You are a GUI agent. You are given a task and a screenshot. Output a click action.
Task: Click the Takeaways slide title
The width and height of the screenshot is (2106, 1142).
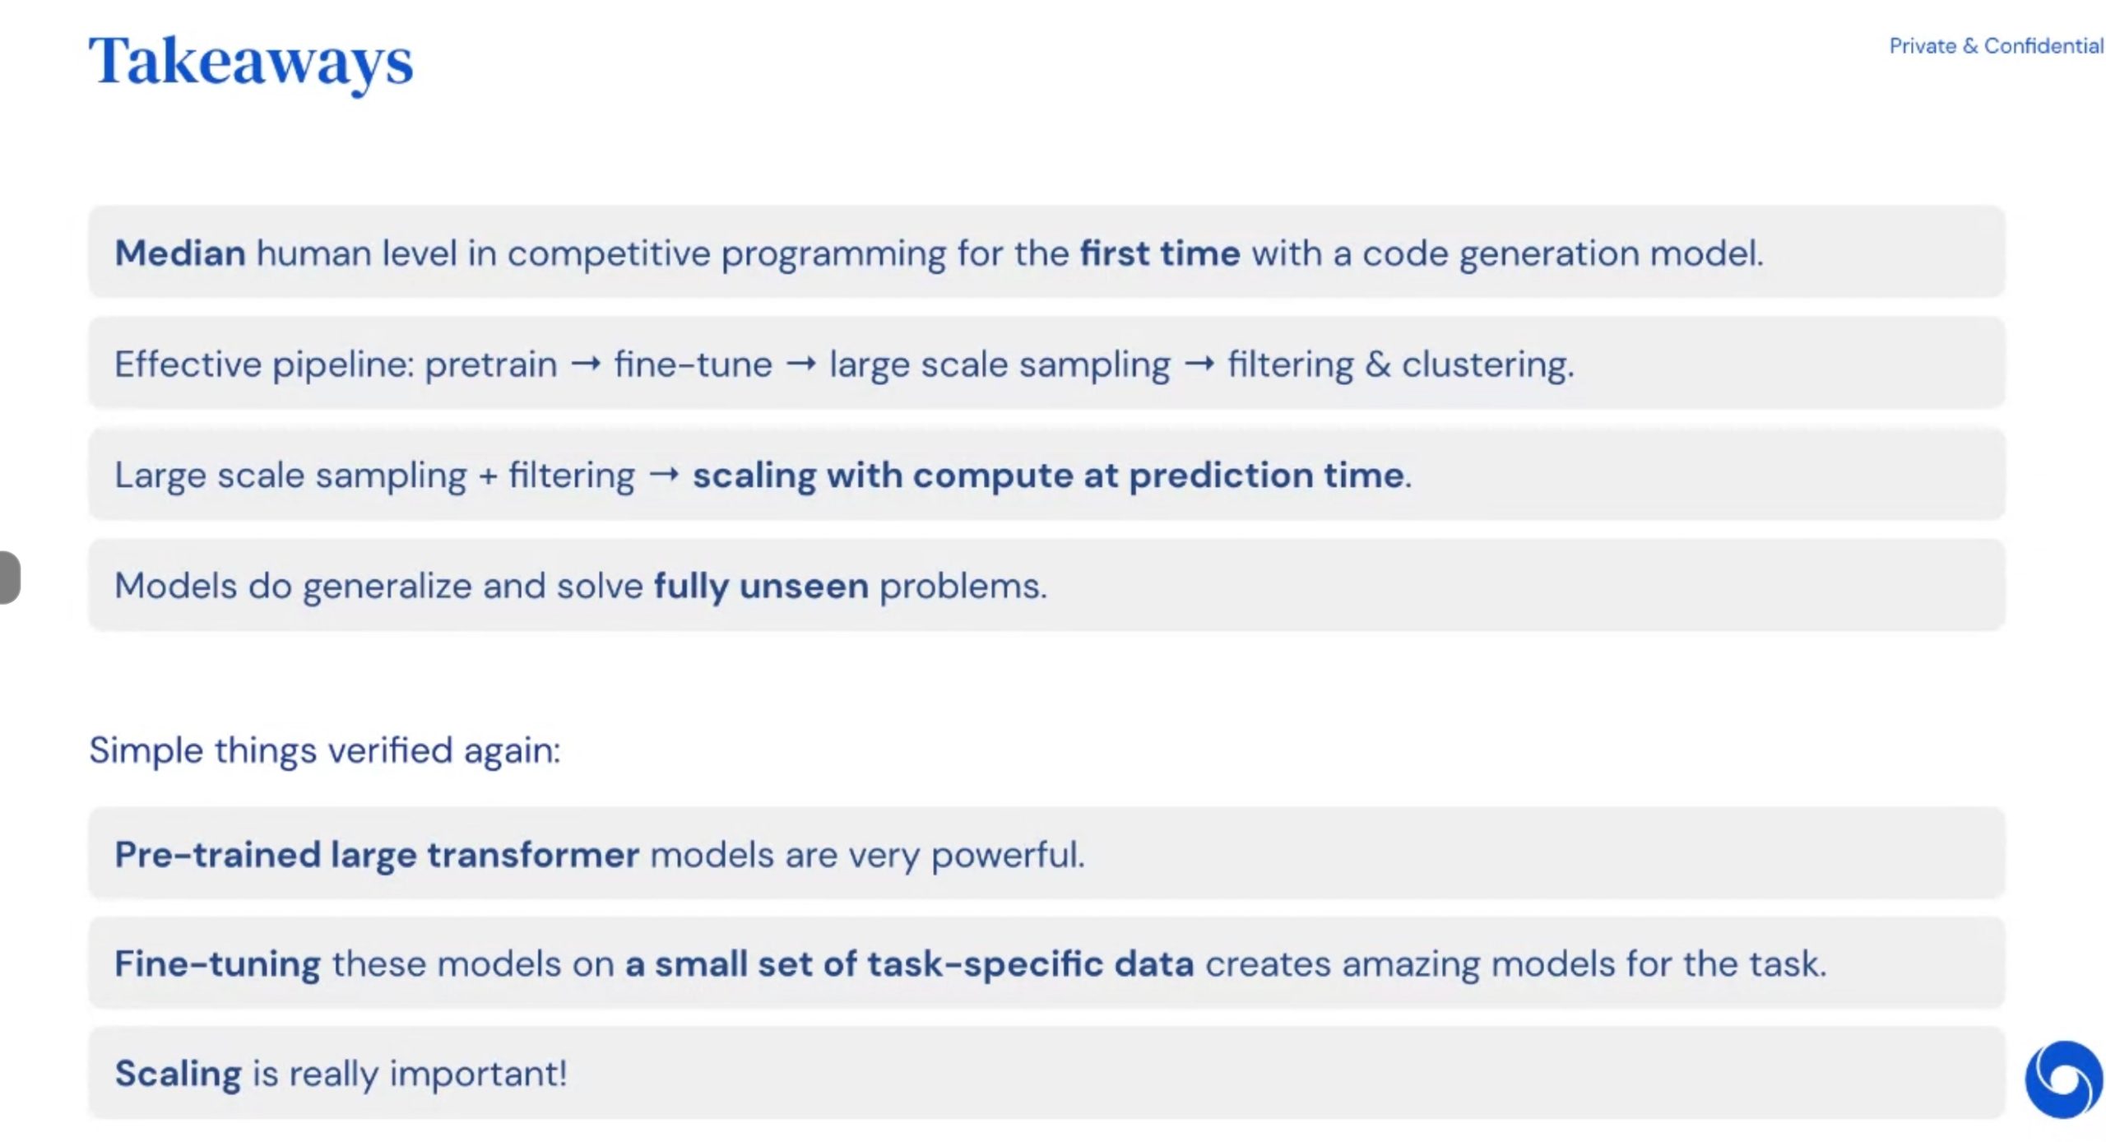251,63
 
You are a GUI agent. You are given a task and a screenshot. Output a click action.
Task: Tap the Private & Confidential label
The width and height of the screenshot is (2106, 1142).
1996,46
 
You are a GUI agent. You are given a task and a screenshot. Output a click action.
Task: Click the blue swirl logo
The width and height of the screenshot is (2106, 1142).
2064,1079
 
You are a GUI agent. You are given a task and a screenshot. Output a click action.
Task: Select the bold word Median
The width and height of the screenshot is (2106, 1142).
180,253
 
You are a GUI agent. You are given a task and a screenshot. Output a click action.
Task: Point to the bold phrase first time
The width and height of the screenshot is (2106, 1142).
1160,253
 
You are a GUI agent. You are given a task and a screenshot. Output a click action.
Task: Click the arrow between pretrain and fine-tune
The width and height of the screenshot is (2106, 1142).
586,364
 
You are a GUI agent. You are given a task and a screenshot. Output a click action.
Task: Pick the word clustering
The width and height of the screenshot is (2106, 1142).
1487,364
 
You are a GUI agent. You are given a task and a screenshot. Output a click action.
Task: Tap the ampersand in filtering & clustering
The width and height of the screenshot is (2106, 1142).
1377,364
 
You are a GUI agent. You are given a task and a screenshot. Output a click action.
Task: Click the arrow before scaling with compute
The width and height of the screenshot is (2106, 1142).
664,474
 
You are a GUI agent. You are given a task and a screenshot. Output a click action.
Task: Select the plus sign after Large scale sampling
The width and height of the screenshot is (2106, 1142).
488,476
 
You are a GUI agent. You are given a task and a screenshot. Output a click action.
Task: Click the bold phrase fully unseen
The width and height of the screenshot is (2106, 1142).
761,587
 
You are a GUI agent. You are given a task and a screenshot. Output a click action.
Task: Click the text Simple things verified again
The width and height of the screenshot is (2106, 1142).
325,750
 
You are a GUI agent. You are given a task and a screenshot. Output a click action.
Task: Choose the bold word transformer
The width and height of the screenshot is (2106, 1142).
533,855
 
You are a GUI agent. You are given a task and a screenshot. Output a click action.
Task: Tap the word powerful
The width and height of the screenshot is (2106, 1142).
1008,856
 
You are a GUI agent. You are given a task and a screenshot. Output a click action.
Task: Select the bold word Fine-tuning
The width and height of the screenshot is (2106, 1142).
217,964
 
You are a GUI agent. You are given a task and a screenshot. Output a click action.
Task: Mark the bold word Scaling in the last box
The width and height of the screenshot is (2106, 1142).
178,1075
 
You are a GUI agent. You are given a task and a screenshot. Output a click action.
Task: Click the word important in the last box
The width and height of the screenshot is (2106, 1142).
478,1075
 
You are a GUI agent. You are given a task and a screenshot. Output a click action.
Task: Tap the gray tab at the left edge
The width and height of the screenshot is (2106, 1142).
9,578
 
